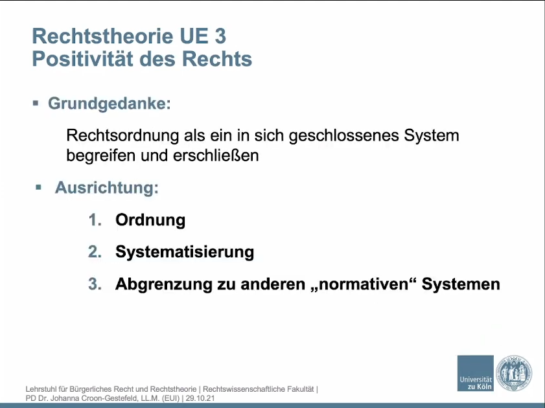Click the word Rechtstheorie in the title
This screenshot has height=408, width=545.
[102, 36]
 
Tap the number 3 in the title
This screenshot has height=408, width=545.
[220, 36]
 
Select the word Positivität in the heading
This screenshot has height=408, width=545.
[83, 59]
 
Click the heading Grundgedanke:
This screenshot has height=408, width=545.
[110, 104]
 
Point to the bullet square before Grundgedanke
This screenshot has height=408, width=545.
[36, 103]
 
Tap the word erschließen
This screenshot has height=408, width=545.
[216, 155]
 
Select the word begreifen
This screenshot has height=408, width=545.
[101, 155]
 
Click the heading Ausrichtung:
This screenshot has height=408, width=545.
[107, 188]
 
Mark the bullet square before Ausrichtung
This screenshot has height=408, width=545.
[39, 188]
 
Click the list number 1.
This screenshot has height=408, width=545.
[95, 220]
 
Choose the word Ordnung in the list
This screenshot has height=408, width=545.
[150, 220]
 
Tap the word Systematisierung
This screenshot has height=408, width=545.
[185, 252]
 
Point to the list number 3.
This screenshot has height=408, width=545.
[95, 284]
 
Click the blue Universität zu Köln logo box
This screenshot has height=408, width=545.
[476, 373]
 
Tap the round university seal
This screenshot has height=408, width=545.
[514, 373]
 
